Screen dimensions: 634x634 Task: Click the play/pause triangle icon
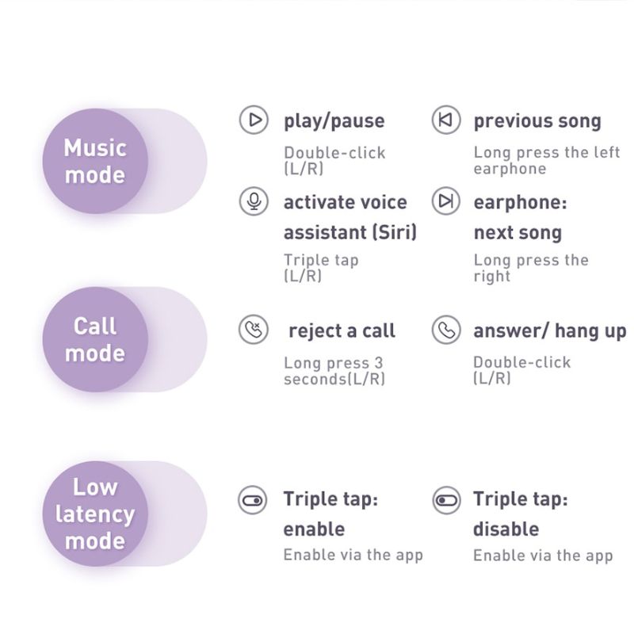[254, 120]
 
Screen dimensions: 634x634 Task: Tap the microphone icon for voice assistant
[254, 201]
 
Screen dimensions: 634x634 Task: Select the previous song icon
[446, 120]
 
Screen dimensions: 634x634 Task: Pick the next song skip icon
[446, 201]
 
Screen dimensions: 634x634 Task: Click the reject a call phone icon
[254, 330]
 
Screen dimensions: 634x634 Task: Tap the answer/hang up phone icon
[446, 330]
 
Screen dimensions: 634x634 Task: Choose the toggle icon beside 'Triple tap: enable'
[253, 500]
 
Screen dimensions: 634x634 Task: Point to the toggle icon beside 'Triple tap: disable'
[446, 500]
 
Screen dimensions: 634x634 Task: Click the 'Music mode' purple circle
[95, 161]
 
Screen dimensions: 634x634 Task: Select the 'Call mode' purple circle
[95, 339]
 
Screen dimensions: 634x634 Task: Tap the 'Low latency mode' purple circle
[95, 514]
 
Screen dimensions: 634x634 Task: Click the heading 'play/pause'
[334, 121]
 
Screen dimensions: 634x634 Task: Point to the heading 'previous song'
[537, 121]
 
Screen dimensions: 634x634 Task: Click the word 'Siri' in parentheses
[395, 232]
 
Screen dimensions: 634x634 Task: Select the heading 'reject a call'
[342, 330]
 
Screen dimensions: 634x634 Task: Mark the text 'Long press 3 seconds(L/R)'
[334, 371]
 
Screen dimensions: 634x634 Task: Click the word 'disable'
[506, 529]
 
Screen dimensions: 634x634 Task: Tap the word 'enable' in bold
[314, 529]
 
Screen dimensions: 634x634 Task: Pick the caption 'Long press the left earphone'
[547, 161]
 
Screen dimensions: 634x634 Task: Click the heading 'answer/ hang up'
[550, 331]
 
